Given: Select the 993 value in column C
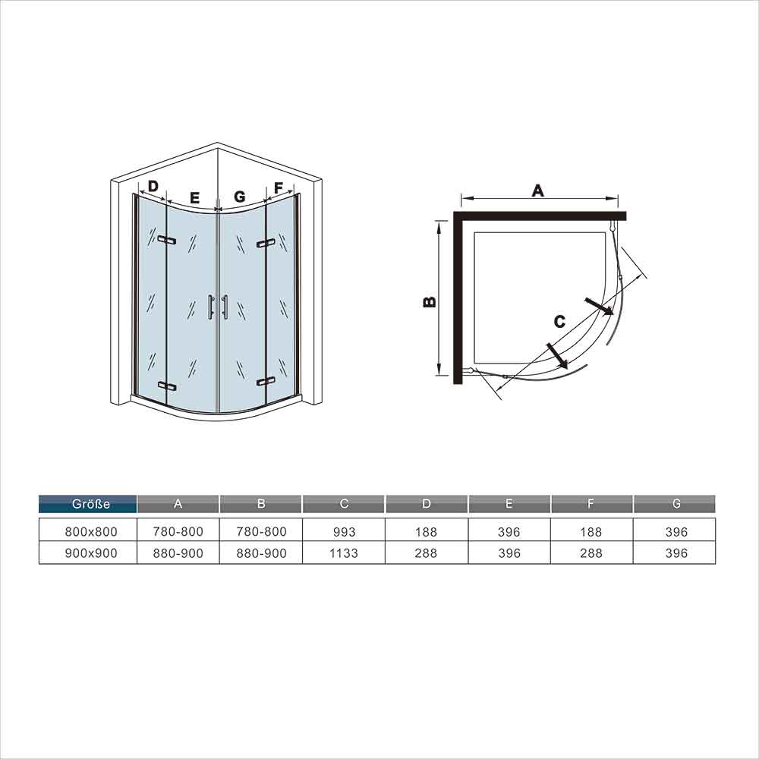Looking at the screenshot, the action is [x=344, y=532].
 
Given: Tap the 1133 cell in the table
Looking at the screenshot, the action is [x=344, y=553].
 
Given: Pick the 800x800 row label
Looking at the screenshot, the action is [x=91, y=532].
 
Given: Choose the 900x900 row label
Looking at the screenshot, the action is [x=91, y=553].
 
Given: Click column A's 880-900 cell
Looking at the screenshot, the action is [x=178, y=553].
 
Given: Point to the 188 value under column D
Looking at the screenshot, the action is [x=426, y=532].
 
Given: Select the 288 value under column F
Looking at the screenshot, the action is [x=591, y=553].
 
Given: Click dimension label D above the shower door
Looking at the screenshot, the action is [x=153, y=187].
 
